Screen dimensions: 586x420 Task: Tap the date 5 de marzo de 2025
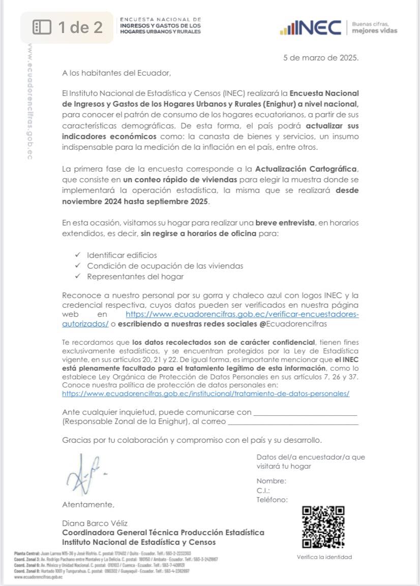[320, 57]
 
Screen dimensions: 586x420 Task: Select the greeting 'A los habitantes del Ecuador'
[117, 73]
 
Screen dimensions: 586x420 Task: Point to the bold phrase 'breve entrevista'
[285, 223]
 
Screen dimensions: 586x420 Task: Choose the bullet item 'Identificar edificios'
[122, 255]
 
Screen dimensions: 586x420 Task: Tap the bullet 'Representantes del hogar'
[135, 277]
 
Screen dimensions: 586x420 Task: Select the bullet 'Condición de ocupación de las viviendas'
[165, 266]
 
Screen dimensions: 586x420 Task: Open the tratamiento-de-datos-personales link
[205, 393]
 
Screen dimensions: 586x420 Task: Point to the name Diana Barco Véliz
[95, 523]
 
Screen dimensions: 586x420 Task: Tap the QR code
[323, 527]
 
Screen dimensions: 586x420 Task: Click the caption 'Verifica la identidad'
[324, 557]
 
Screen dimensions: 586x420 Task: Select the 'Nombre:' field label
[271, 481]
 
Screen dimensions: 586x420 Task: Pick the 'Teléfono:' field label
[272, 499]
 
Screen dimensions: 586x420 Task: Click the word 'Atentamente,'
[88, 504]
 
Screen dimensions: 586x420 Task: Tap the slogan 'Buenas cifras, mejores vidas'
[374, 27]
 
